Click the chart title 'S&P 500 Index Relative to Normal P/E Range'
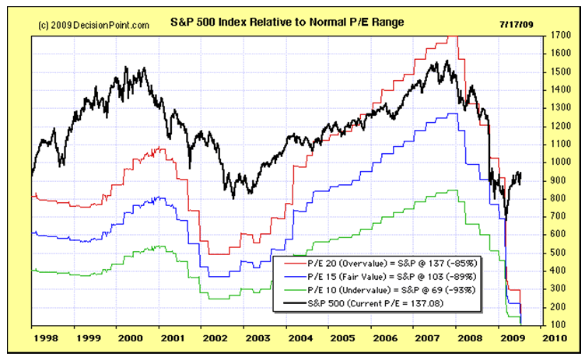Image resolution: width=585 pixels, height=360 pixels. (x=286, y=23)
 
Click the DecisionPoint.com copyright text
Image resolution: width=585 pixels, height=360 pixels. (x=93, y=25)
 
